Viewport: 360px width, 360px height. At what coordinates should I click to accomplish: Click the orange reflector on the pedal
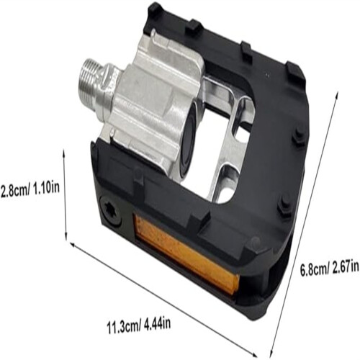point(186,254)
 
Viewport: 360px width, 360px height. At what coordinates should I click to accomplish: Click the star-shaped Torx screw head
point(111,210)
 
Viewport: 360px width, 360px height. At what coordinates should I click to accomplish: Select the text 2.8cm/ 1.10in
point(30,189)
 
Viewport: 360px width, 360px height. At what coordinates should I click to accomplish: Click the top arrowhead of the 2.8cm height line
point(64,152)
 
